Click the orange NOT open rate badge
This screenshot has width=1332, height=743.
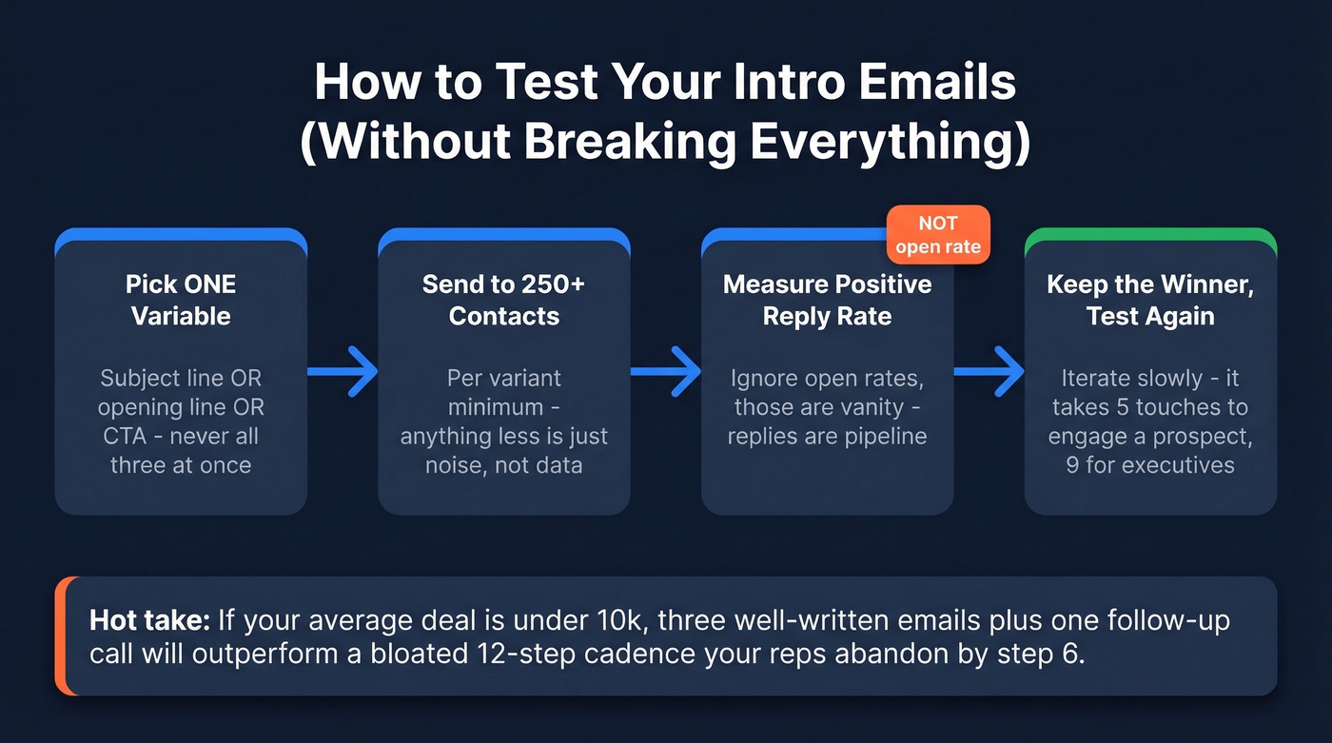click(937, 235)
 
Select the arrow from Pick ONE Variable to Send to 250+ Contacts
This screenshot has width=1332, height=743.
click(343, 371)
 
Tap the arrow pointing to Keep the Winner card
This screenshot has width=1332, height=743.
click(989, 371)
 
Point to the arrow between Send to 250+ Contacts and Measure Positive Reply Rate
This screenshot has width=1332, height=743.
click(666, 371)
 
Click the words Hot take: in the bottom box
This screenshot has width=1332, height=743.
click(149, 621)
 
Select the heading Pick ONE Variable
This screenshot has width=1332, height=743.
click(181, 300)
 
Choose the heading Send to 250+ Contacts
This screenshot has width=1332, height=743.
click(504, 300)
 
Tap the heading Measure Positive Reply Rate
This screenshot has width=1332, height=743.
click(827, 300)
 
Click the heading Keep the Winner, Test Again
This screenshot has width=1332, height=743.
click(1150, 300)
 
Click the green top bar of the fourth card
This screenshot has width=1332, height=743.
click(1150, 233)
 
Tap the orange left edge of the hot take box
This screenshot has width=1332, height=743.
click(60, 635)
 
